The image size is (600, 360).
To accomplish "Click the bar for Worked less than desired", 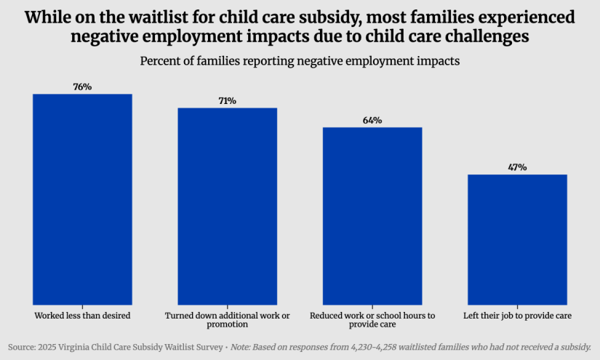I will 82,199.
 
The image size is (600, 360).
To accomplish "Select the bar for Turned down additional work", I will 227,206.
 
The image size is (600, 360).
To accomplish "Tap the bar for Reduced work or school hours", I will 372,215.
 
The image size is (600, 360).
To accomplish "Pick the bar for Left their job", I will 517,239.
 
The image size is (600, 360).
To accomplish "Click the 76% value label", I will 82,87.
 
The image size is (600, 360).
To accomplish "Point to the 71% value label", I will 227,101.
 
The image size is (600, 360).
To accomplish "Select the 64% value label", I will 372,120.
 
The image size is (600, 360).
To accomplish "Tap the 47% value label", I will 517,167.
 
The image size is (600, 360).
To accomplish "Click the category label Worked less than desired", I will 82,316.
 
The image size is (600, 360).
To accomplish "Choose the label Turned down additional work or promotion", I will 227,320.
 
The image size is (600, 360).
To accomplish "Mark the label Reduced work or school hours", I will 372,320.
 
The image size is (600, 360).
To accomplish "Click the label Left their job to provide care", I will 517,316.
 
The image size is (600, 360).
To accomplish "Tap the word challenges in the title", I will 483,35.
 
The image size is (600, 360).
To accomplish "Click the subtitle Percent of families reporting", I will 300,62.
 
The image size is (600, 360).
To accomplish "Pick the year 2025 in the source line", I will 54,347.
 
